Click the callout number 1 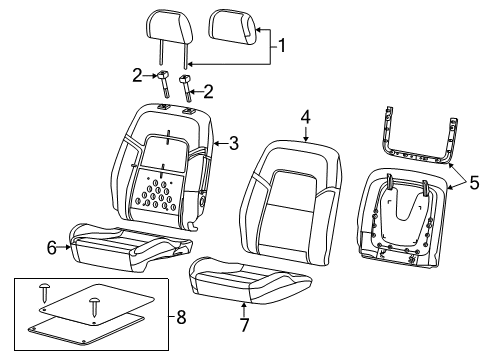pos(282,45)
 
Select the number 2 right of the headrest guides pos(208,92)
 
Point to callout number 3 pos(232,144)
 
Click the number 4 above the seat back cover pos(305,117)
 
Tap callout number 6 pos(51,247)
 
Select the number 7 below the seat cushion pos(243,323)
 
